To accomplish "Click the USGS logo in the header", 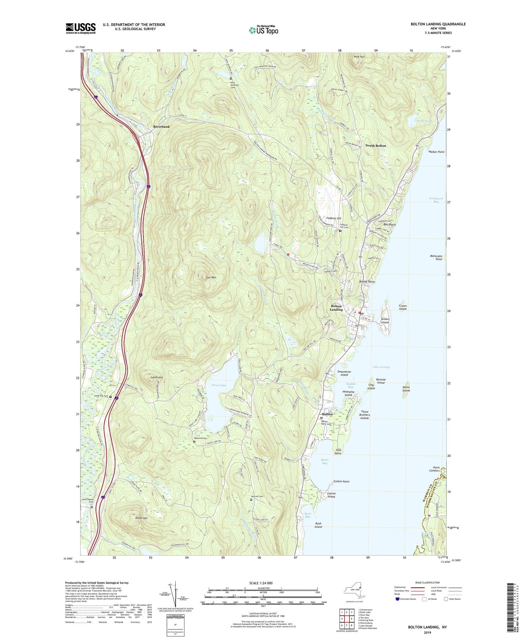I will (81, 28).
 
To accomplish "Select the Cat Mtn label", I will (211, 277).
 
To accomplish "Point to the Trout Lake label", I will (218, 385).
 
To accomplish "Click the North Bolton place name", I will (376, 145).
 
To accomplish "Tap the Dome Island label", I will (406, 389).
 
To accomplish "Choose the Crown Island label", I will (402, 307).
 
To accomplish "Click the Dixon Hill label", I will (141, 518).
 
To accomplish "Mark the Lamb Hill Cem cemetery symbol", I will (111, 397).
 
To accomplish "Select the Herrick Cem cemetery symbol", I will (251, 500).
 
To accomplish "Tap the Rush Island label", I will (318, 525).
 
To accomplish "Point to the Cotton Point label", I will (341, 482).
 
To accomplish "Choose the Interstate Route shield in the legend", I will (398, 599).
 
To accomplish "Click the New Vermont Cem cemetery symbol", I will (231, 78).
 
